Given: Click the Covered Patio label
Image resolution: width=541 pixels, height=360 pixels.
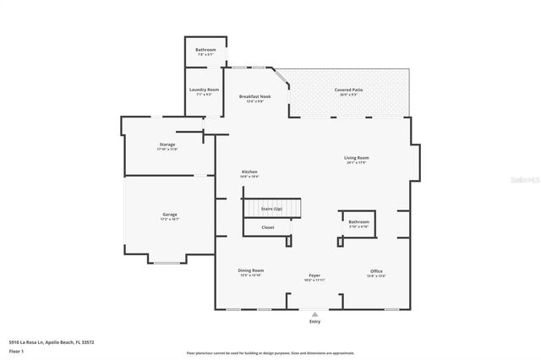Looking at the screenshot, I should click(348, 89).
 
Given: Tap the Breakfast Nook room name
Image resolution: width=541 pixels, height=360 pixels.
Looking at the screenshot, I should click(254, 97).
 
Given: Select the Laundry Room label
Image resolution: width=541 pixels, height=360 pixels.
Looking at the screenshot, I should click(204, 90).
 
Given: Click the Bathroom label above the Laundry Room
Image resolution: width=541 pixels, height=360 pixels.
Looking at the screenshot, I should click(205, 50).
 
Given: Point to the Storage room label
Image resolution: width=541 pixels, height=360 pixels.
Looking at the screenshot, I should click(167, 145).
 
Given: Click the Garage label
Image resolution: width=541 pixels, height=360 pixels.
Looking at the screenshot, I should click(169, 215).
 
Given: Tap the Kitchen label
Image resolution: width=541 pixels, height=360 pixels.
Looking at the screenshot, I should click(249, 172).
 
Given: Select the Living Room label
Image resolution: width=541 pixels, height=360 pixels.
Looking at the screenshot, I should click(356, 158).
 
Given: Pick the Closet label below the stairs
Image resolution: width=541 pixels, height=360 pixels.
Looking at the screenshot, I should click(267, 227).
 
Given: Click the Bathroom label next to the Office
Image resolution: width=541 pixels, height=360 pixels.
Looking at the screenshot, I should click(359, 222).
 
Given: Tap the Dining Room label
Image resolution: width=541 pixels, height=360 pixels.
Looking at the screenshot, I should click(251, 270).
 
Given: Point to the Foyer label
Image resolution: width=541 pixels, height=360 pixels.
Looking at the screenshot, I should click(314, 275).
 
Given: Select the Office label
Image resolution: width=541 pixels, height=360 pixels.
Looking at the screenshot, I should click(376, 271).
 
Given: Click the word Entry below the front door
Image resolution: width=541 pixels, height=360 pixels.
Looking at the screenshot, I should click(314, 322).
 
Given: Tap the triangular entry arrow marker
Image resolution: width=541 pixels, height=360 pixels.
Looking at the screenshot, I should click(314, 314).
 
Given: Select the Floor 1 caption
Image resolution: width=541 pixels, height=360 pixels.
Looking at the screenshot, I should click(15, 350).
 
